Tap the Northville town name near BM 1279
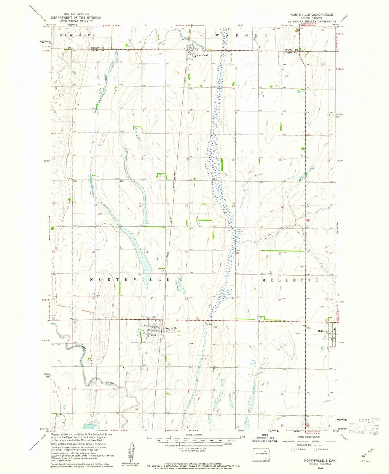171,328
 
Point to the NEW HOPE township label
77,35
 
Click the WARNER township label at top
242,35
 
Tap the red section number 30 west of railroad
147,252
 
